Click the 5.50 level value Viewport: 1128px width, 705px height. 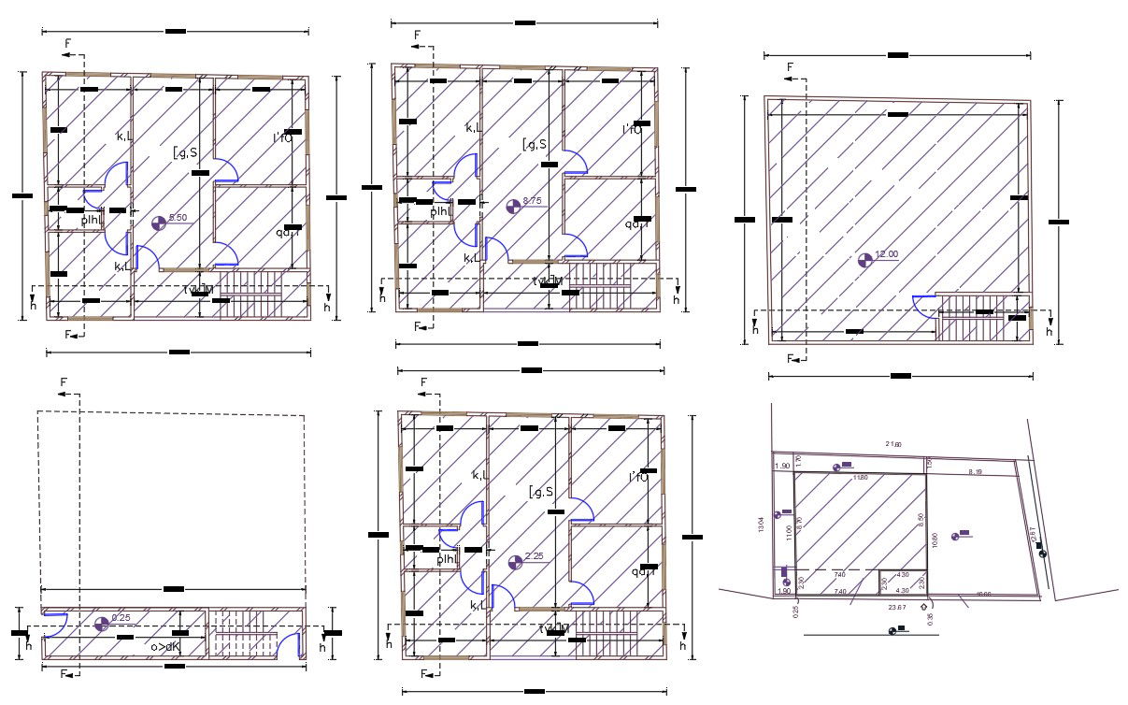pyautogui.click(x=178, y=218)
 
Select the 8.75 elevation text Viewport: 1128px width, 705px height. pyautogui.click(x=532, y=201)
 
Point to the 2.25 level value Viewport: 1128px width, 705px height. pyautogui.click(x=534, y=557)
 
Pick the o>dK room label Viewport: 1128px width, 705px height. pyautogui.click(x=164, y=646)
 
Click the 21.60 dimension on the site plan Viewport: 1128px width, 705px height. pyautogui.click(x=892, y=444)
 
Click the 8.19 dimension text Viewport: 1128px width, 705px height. pyautogui.click(x=976, y=471)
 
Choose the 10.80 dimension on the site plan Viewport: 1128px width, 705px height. pyautogui.click(x=935, y=540)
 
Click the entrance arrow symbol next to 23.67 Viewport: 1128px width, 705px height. pyautogui.click(x=923, y=606)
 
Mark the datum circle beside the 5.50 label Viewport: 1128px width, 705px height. pyautogui.click(x=158, y=223)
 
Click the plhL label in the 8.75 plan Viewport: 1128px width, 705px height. pyautogui.click(x=441, y=211)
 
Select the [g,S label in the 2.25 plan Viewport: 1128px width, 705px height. pyautogui.click(x=541, y=492)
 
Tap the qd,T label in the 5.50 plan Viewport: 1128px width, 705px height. pyautogui.click(x=287, y=233)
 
